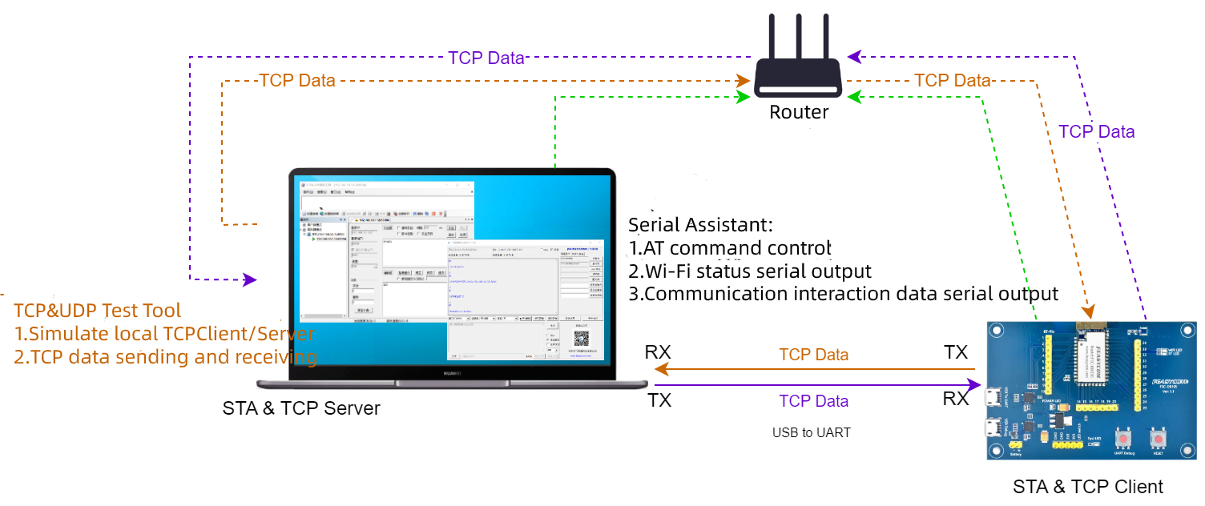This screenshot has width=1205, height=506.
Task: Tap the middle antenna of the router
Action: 798,36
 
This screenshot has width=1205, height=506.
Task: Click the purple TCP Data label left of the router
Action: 486,58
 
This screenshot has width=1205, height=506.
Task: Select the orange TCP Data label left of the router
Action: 297,80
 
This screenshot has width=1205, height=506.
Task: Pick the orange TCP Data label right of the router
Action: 953,80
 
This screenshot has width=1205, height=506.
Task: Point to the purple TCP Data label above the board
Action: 1096,132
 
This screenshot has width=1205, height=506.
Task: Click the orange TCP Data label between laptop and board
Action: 813,354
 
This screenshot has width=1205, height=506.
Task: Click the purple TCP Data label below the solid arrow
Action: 813,400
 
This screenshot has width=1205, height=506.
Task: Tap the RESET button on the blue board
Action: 1158,440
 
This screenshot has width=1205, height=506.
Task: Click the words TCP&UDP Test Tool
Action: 97,311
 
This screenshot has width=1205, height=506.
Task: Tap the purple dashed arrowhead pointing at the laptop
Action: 250,279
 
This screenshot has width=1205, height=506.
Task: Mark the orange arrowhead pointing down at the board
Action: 1087,311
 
